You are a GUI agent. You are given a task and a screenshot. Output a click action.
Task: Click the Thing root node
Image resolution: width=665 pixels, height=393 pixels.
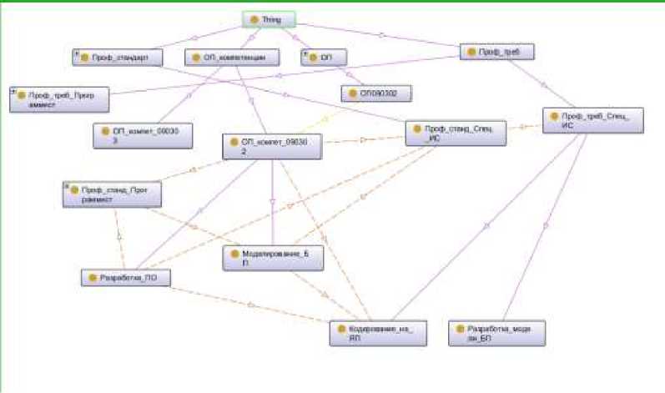[x=269, y=18]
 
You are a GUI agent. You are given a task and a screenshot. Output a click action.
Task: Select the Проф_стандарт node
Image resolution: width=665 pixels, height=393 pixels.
[x=117, y=58]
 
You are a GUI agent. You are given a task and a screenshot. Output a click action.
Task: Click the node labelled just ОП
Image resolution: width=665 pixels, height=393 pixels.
[x=324, y=58]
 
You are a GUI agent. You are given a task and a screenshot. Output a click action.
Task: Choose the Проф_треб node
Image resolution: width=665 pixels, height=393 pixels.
[x=498, y=52]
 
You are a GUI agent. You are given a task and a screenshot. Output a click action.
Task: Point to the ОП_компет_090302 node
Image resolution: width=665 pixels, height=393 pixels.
[x=272, y=147]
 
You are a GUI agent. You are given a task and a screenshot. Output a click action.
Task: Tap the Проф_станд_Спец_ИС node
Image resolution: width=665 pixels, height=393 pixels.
[x=456, y=134]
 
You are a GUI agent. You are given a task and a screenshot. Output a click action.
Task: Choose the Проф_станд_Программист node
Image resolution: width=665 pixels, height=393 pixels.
[x=113, y=194]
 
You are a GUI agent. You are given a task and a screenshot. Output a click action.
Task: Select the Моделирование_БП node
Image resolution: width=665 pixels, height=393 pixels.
[x=272, y=257]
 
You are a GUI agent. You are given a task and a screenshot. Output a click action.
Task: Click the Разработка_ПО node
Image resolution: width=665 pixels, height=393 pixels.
[x=125, y=278]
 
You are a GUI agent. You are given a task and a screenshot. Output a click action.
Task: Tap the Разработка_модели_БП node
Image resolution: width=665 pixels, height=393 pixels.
[x=497, y=333]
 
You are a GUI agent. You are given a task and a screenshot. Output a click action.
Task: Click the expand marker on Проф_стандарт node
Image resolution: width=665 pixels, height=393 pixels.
[x=75, y=53]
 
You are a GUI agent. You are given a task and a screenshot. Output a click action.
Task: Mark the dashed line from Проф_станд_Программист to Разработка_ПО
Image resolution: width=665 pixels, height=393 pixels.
[x=118, y=238]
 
